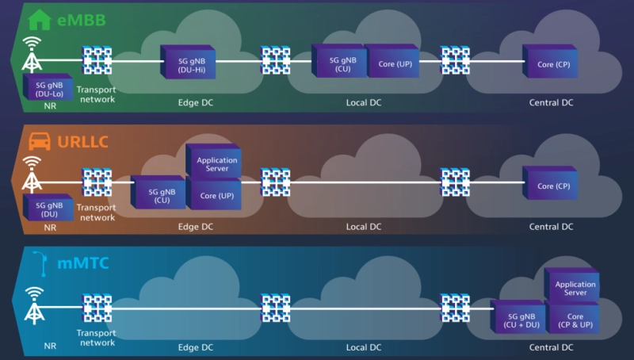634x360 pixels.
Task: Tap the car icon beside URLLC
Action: (x=39, y=142)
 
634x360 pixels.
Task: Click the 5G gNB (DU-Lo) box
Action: (x=48, y=88)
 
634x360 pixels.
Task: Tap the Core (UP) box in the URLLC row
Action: (x=215, y=193)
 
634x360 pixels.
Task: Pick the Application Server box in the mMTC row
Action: (x=571, y=287)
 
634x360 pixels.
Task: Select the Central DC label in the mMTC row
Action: (x=551, y=347)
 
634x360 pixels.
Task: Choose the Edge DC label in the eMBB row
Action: (x=196, y=102)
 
